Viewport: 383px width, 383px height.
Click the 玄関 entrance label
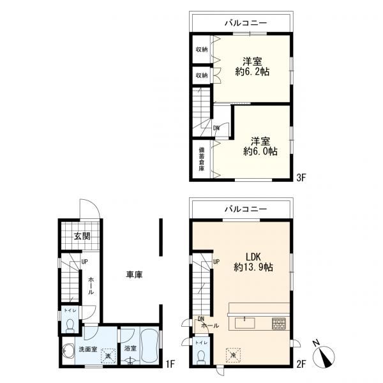[x=82, y=236]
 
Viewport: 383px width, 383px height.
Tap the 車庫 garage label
[x=134, y=274]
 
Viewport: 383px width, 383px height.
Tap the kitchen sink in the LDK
[x=244, y=323]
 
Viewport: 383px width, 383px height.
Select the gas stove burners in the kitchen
[x=279, y=324]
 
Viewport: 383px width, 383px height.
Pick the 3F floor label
[x=301, y=177]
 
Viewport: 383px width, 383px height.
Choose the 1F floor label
[x=170, y=364]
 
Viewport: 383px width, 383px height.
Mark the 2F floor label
[x=301, y=364]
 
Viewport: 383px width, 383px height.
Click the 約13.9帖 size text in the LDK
[x=253, y=267]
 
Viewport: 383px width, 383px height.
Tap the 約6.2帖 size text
[x=253, y=71]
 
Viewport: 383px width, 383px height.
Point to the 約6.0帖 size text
[x=260, y=152]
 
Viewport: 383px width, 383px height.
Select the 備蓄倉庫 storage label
[x=201, y=159]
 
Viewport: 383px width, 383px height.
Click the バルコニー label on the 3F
[x=246, y=23]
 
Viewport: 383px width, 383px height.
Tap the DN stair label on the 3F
[x=216, y=128]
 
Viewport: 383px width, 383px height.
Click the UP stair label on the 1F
[x=84, y=262]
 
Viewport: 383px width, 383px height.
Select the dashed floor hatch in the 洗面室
[x=109, y=356]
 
